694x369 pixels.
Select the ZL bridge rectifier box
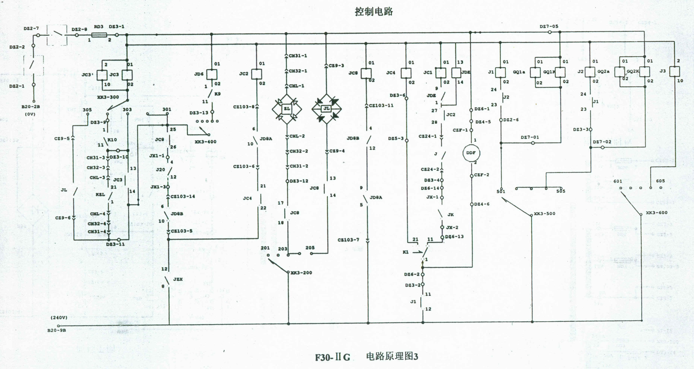click(287, 109)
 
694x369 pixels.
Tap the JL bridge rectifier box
click(326, 109)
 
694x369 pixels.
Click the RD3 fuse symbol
click(99, 35)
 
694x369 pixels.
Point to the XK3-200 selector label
click(301, 273)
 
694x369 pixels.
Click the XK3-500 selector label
click(544, 214)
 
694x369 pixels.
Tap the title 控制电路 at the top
click(374, 12)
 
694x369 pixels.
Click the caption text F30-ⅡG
click(333, 357)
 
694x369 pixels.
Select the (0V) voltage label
click(30, 114)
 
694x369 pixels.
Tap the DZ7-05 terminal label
click(549, 26)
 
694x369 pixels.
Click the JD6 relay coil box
click(212, 74)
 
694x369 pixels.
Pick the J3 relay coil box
click(674, 71)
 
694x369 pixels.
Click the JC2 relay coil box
click(257, 74)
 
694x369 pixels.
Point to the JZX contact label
click(178, 279)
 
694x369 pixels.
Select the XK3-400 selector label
click(205, 142)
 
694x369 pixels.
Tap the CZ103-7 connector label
click(348, 240)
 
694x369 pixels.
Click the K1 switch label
click(405, 252)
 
